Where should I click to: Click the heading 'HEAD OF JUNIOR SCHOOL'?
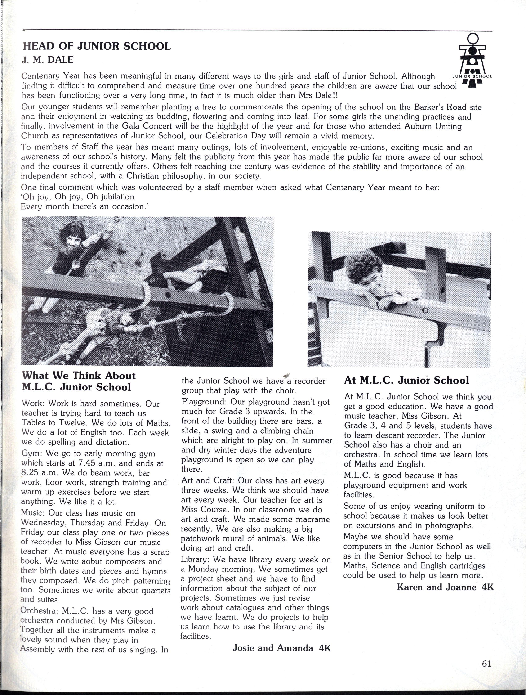[97, 46]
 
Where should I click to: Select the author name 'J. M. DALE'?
[48, 60]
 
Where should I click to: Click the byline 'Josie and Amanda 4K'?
[282, 648]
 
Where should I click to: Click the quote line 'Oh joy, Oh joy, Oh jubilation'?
[78, 197]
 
